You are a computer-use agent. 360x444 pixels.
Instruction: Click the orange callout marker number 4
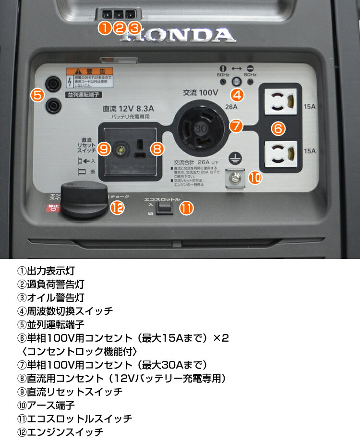[237, 95]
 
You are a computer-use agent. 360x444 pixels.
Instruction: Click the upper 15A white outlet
[281, 102]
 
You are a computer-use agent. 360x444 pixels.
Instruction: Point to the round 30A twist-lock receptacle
[200, 129]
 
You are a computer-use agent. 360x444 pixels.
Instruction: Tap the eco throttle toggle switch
[165, 207]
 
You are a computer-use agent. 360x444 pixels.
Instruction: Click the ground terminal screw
[235, 179]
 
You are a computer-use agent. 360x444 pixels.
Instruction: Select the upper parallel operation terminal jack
[51, 82]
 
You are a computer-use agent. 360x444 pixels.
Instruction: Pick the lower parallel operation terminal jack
[51, 103]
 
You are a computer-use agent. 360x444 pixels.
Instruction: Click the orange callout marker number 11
[186, 208]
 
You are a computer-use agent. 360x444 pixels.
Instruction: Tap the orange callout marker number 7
[235, 126]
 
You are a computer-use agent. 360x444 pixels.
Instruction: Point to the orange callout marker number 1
[105, 28]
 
